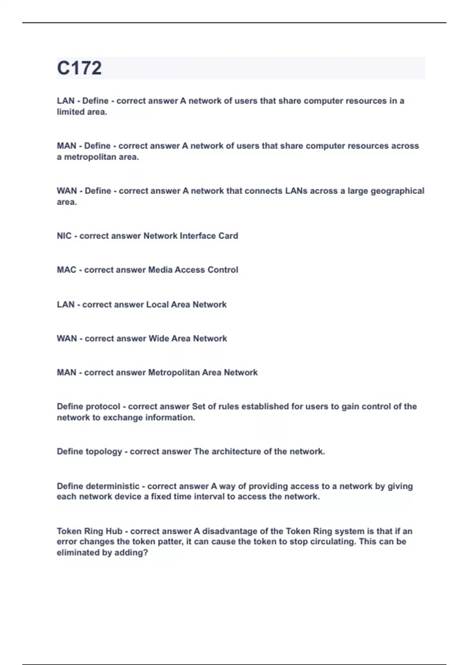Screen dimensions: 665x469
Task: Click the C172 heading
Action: (x=79, y=68)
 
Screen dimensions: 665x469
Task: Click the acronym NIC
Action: (x=64, y=236)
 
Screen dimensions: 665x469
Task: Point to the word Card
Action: (x=228, y=236)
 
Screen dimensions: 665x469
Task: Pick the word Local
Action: (x=157, y=305)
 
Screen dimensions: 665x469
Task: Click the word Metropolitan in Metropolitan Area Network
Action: (x=174, y=373)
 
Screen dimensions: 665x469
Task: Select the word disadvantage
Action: (x=232, y=531)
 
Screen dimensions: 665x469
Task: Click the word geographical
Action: (x=397, y=191)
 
